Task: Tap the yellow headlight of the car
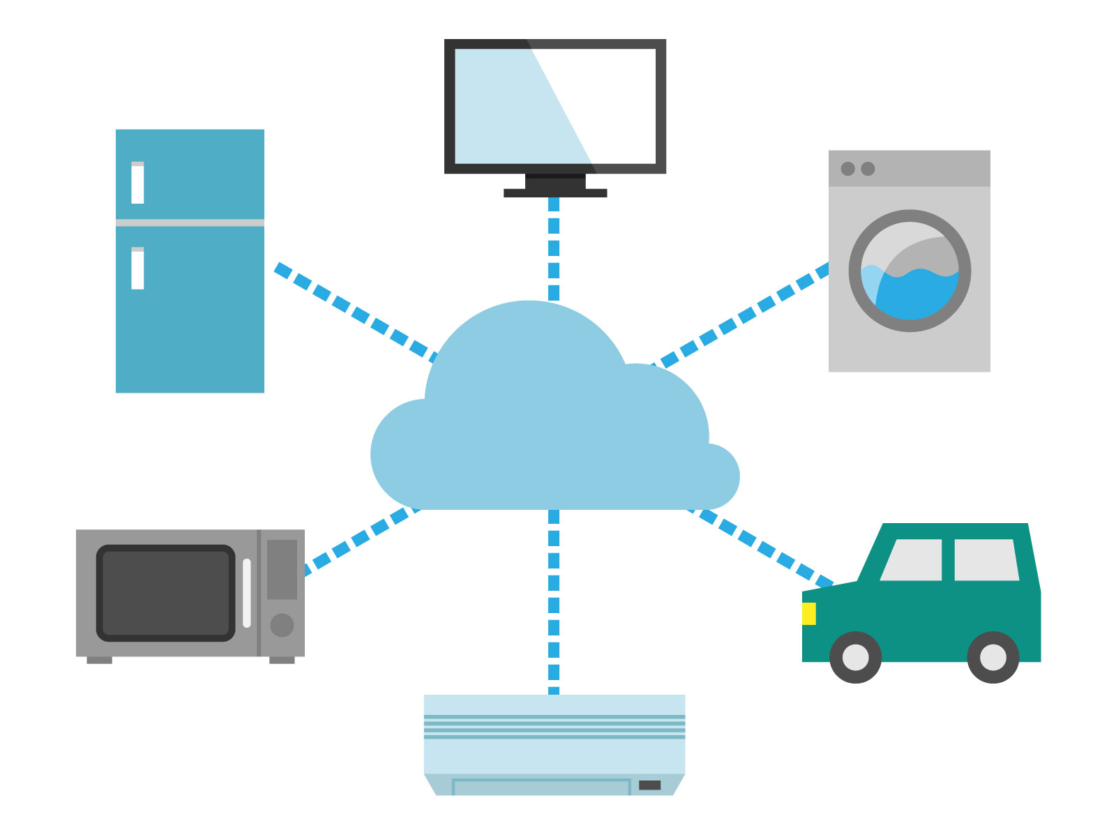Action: point(808,614)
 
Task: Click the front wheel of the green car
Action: point(855,657)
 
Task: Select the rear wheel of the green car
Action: point(993,657)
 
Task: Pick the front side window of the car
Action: point(912,560)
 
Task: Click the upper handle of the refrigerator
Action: point(137,183)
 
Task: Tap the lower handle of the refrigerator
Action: point(137,269)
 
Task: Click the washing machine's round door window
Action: point(910,271)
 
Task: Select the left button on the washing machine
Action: point(847,169)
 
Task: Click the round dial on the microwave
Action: point(282,625)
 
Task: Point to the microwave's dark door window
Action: point(166,593)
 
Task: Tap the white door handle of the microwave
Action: point(247,593)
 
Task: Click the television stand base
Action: point(555,193)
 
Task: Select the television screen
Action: point(555,106)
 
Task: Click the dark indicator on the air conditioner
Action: point(649,785)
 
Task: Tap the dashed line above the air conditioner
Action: point(554,603)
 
